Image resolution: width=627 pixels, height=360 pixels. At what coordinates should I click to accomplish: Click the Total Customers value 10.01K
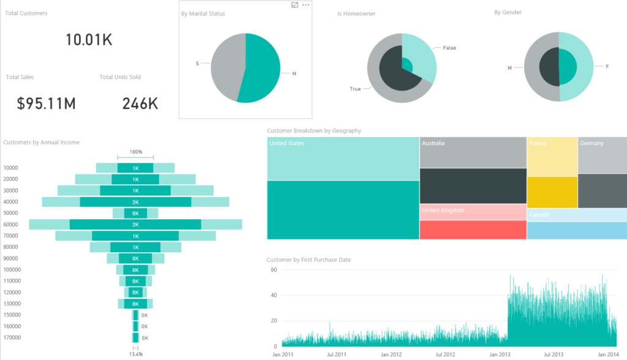(x=89, y=40)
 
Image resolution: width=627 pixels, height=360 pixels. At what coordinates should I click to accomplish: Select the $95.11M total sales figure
(x=47, y=103)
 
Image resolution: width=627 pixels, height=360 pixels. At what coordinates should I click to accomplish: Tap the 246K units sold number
(x=140, y=103)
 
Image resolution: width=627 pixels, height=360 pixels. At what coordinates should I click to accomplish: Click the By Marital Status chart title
(x=203, y=13)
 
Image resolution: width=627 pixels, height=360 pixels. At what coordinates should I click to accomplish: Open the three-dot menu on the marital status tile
(x=306, y=5)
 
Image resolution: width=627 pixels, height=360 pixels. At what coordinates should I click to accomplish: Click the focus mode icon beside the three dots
(x=295, y=5)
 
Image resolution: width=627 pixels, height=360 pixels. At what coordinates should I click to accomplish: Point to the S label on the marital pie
(x=197, y=63)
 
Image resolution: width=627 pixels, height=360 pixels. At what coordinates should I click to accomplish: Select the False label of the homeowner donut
(x=449, y=48)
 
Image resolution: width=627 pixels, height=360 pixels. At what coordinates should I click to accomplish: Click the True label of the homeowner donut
(x=355, y=89)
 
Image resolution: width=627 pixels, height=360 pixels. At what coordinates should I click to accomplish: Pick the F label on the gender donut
(x=607, y=66)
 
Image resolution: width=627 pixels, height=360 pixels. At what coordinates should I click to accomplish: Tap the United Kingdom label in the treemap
(x=443, y=211)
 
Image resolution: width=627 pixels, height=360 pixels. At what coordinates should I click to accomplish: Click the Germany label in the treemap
(x=591, y=143)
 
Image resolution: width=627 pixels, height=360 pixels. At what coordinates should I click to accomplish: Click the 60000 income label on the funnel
(x=11, y=225)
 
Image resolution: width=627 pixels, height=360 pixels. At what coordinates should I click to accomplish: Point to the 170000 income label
(x=12, y=337)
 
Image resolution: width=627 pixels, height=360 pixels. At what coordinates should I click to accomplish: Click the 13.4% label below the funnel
(x=135, y=354)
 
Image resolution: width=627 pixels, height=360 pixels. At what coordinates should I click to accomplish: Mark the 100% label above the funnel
(x=135, y=152)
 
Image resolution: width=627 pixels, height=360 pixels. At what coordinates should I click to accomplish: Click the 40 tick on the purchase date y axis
(x=274, y=295)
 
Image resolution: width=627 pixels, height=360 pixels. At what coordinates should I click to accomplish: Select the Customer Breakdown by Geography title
(x=314, y=130)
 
